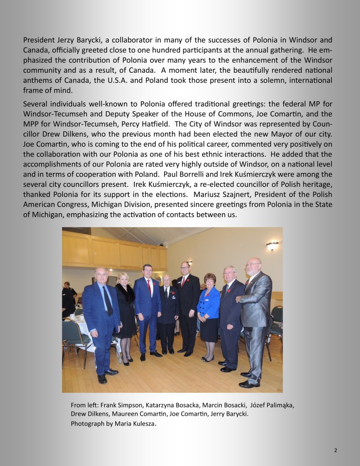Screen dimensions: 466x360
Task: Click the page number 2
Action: click(x=336, y=450)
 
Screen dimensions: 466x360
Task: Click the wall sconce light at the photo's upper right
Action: click(x=272, y=245)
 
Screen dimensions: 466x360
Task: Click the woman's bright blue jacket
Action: click(x=208, y=302)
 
